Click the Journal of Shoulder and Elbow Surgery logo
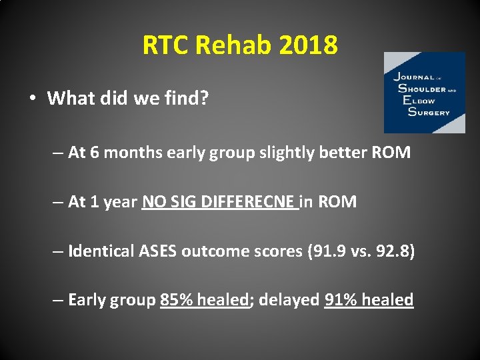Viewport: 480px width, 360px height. (424, 93)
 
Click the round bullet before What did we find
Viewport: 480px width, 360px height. (33, 99)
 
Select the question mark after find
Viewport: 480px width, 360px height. (205, 99)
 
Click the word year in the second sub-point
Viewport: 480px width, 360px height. (121, 202)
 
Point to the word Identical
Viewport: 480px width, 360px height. (101, 251)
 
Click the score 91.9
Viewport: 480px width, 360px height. (319, 251)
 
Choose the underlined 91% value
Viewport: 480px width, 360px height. (339, 300)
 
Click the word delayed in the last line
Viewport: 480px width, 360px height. (289, 300)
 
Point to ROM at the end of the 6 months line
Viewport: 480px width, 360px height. (391, 153)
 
